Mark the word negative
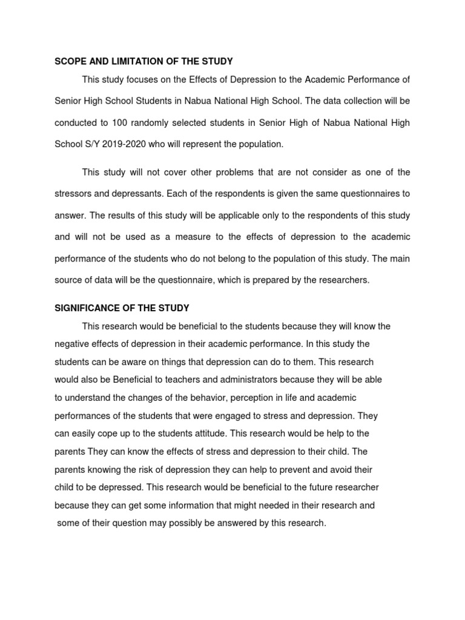[72, 344]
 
